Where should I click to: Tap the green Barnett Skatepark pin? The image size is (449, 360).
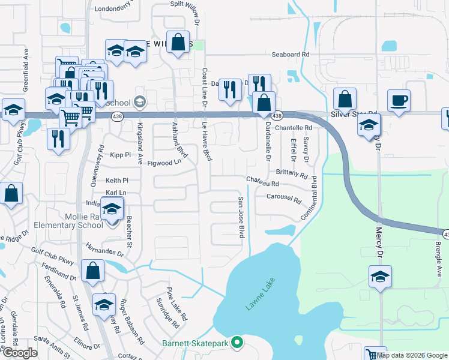(237, 343)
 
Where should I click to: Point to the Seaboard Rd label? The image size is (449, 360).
(290, 54)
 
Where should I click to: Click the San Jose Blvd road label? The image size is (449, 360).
(241, 217)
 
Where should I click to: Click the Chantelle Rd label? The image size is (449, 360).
(294, 128)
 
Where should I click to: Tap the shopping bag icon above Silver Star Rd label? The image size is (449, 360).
(345, 99)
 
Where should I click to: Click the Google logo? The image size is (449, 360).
(19, 353)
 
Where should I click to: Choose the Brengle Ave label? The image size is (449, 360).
(438, 254)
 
